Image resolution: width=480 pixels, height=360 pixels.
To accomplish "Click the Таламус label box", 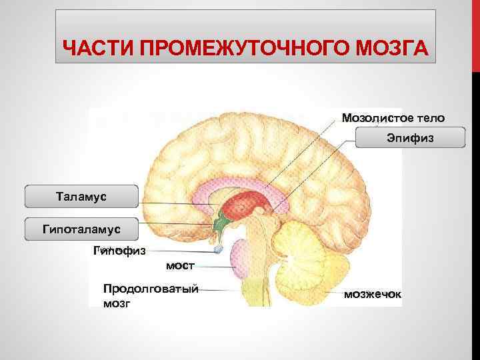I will pyautogui.click(x=81, y=197).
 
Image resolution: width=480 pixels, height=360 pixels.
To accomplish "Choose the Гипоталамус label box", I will pyautogui.click(x=81, y=229).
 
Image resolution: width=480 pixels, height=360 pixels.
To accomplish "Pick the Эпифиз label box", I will pyautogui.click(x=410, y=138).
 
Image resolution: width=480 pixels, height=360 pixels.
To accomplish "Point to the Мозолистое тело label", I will pyautogui.click(x=393, y=118).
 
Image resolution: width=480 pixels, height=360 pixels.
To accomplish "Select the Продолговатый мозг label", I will pyautogui.click(x=151, y=295).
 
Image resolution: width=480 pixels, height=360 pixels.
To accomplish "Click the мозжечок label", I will pyautogui.click(x=372, y=293).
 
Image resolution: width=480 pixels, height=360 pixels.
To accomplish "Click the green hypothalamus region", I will pyautogui.click(x=221, y=225).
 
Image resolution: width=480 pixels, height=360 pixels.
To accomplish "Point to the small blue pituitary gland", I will pyautogui.click(x=219, y=251).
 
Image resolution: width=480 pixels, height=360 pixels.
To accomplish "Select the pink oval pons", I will pyautogui.click(x=239, y=259).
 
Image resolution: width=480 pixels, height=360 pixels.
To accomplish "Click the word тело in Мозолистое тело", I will pyautogui.click(x=428, y=118).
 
